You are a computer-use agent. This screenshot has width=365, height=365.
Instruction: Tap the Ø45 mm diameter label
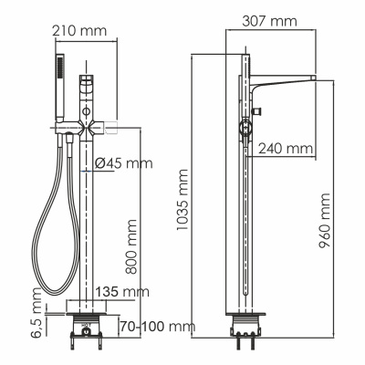tap(123, 164)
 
